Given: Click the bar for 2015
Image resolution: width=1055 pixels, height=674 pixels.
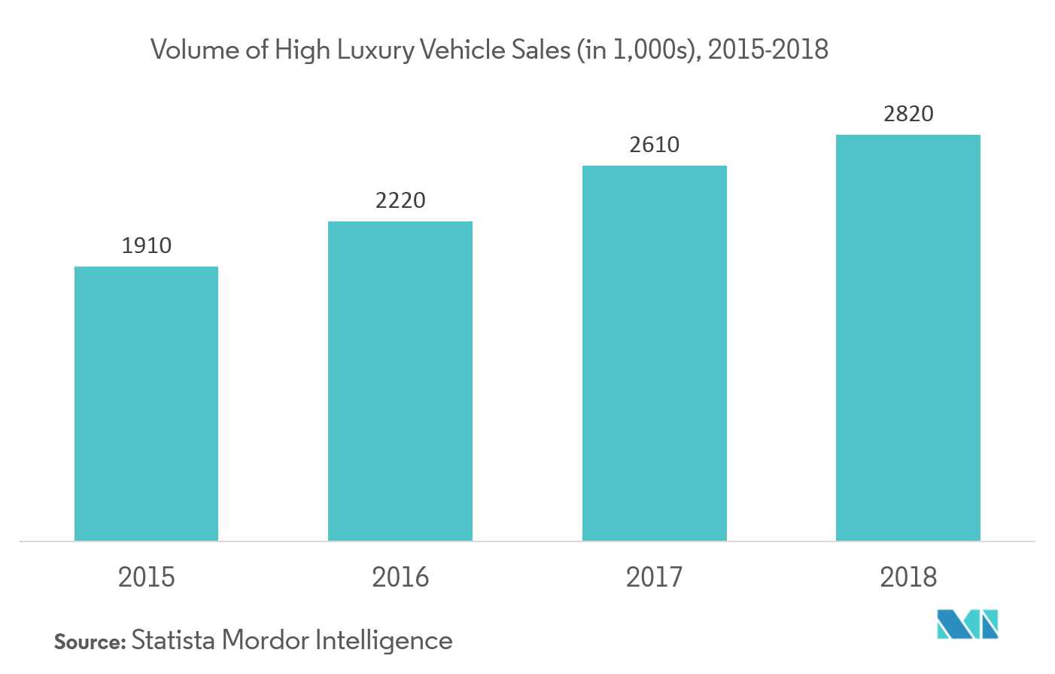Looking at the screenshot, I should [x=146, y=404].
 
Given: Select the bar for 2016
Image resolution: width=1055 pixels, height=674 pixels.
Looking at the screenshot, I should [x=400, y=381].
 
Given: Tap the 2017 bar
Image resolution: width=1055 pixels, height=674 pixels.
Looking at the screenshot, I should [x=654, y=353].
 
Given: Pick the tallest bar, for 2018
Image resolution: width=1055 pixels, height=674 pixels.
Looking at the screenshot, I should [x=908, y=337].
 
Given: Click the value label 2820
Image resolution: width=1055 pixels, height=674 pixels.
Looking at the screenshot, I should [x=908, y=114].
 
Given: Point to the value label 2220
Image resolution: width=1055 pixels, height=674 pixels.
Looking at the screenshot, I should [x=400, y=200].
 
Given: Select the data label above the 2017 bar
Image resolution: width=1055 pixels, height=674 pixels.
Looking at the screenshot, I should [x=654, y=145].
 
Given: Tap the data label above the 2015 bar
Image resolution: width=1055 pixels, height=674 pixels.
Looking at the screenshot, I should [x=146, y=246].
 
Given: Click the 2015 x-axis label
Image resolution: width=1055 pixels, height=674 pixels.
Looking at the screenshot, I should [x=146, y=578].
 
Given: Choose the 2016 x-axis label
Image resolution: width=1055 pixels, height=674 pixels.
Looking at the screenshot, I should [x=400, y=578].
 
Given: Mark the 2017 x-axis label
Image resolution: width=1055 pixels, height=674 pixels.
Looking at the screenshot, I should [x=654, y=578].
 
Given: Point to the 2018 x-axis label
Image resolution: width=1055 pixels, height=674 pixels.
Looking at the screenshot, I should [x=908, y=578].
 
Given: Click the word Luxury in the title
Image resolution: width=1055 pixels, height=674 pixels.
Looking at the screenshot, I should [x=375, y=50].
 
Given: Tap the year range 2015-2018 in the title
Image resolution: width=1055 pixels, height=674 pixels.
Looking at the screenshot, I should [x=768, y=50].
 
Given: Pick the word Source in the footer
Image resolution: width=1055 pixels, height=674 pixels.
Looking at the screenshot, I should [x=89, y=642].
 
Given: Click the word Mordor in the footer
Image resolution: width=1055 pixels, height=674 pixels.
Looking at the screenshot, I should [x=266, y=640].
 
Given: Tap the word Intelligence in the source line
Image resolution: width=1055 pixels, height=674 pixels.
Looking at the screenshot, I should [x=383, y=641].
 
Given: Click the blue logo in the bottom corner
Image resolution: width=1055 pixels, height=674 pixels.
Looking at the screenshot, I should [x=967, y=625].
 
